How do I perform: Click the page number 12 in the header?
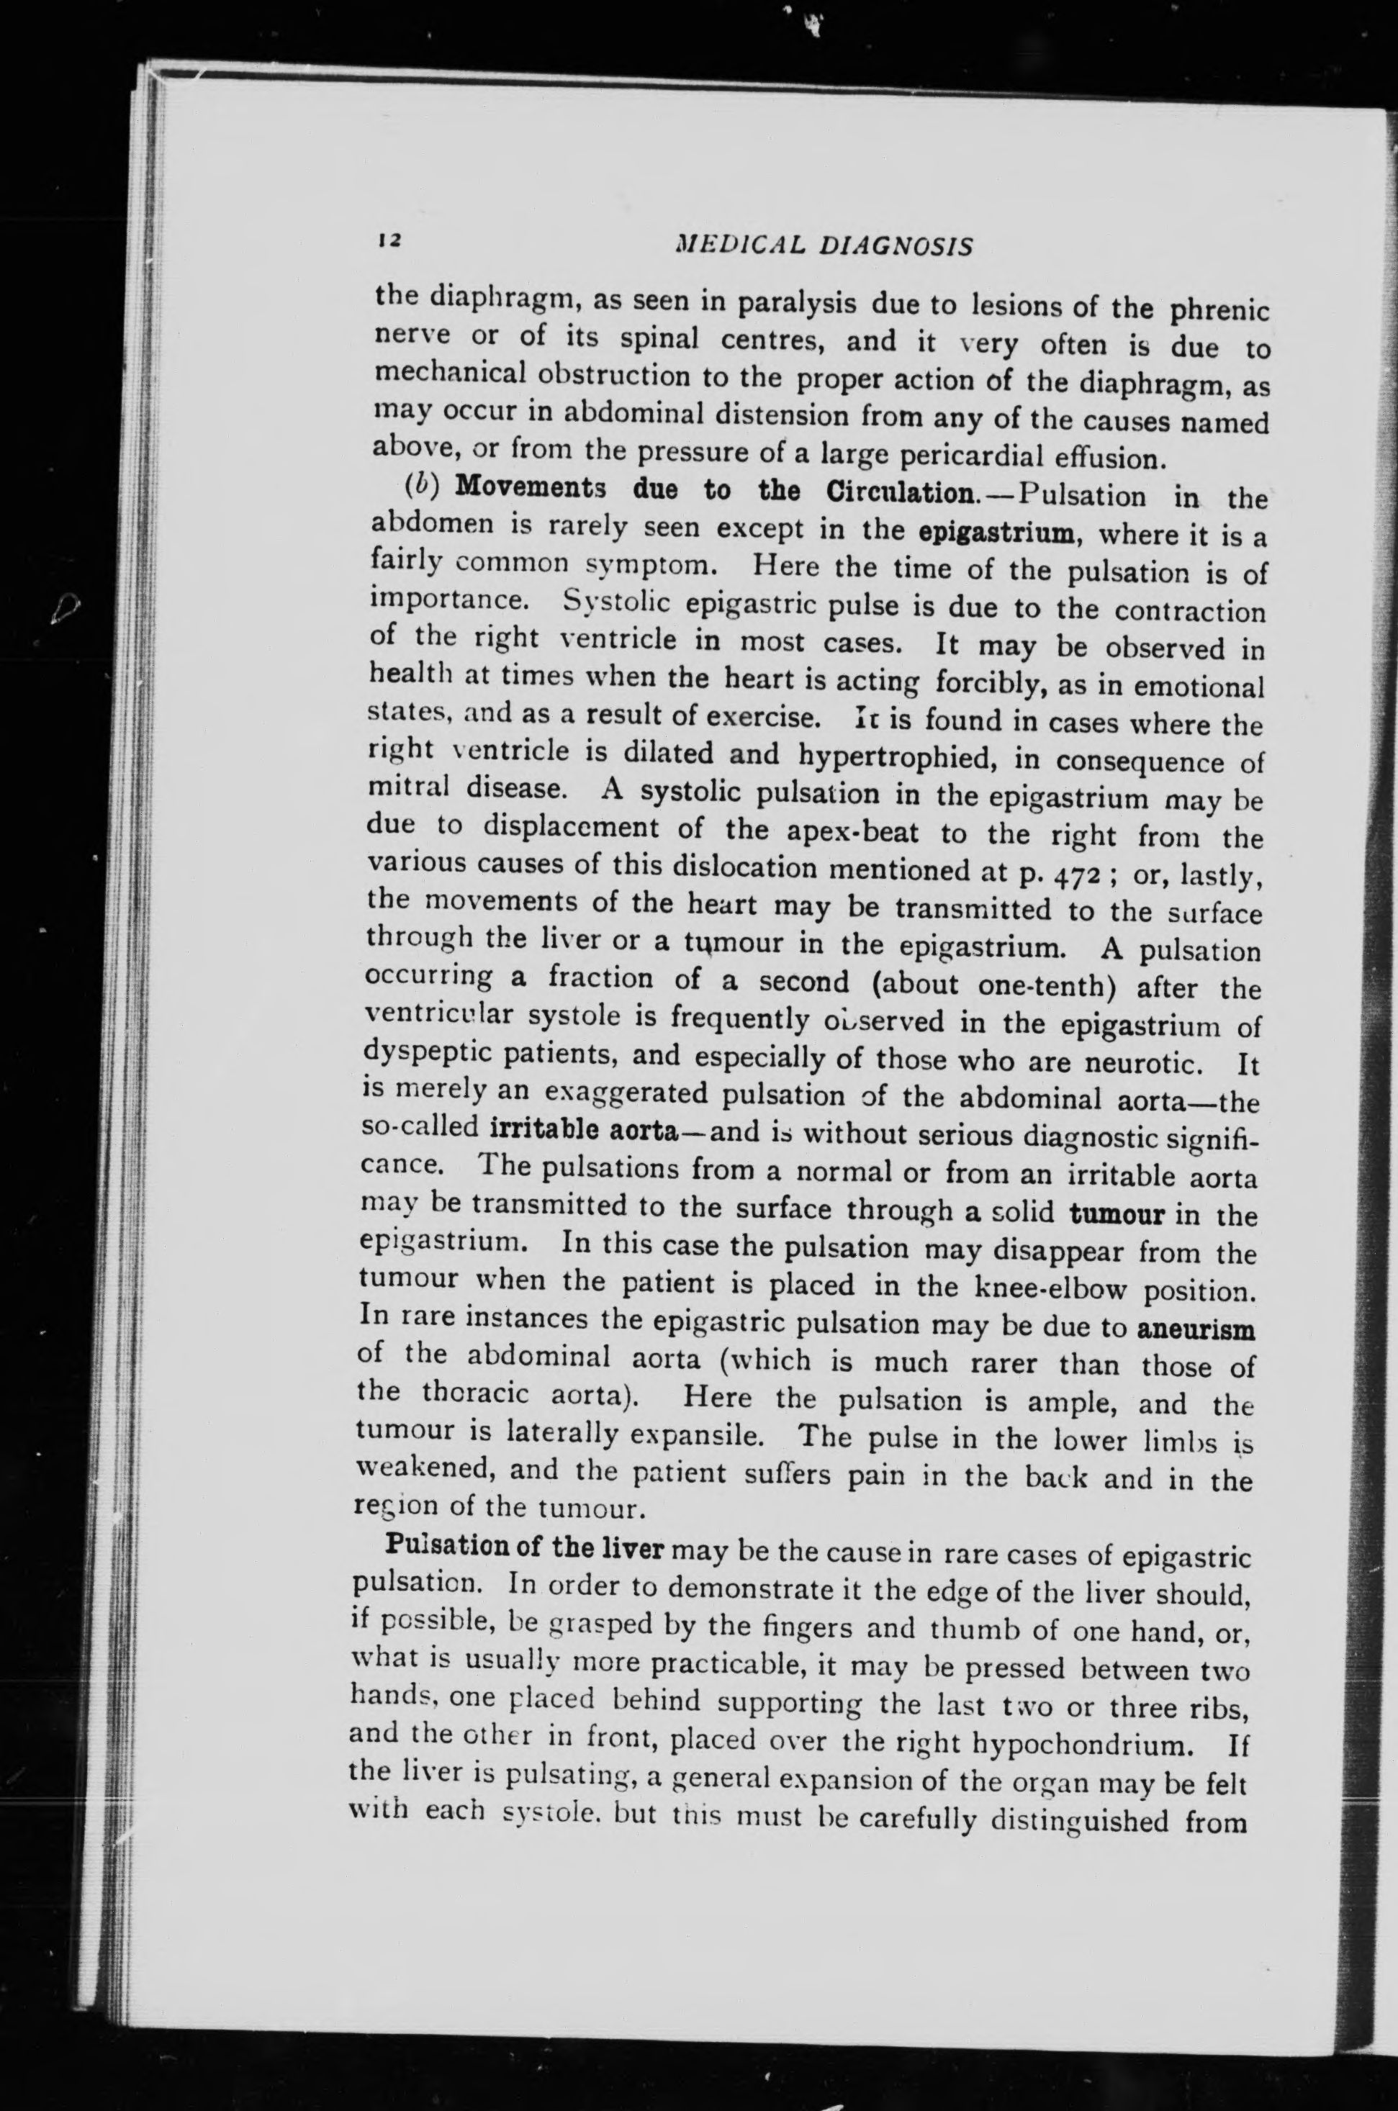tap(389, 239)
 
